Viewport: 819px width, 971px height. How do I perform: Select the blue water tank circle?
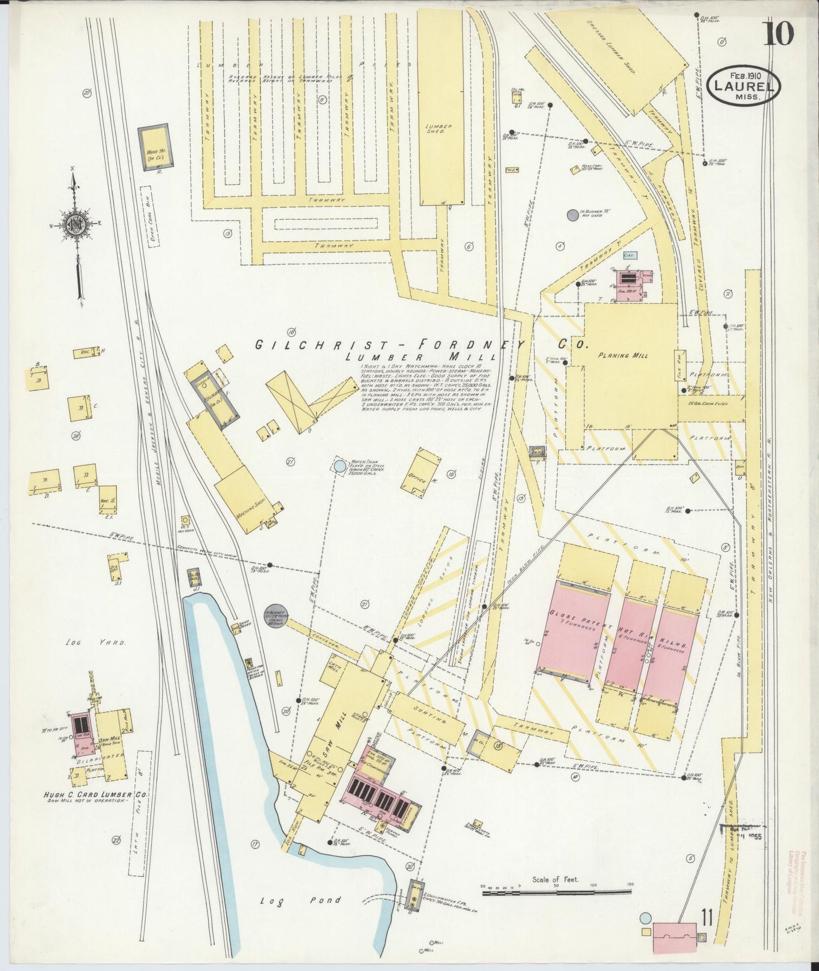click(x=339, y=466)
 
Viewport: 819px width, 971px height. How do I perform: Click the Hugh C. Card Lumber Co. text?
click(x=95, y=795)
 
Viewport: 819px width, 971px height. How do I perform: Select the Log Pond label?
click(x=301, y=900)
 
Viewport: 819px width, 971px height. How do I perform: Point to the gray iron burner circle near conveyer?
click(x=276, y=614)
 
